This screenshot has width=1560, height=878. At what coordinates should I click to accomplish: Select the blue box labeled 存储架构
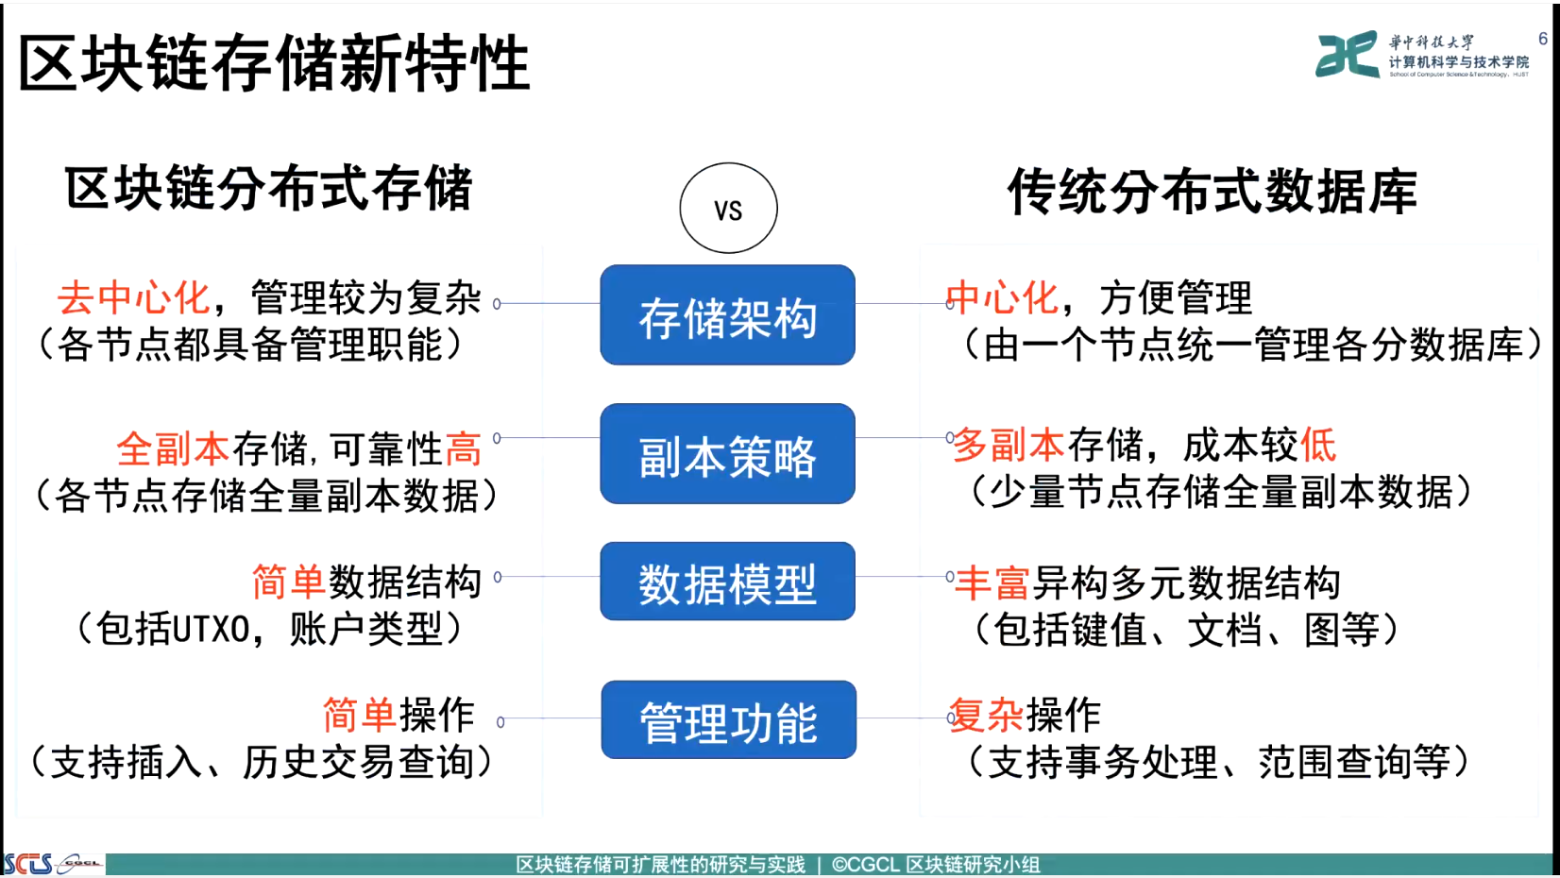[x=728, y=314]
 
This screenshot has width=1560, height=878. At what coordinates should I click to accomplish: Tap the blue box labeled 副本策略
[x=728, y=453]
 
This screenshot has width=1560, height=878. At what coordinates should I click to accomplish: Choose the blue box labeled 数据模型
[x=728, y=581]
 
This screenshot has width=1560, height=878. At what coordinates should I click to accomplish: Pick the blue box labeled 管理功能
[x=728, y=719]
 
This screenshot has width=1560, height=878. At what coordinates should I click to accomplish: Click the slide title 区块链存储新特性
[x=275, y=63]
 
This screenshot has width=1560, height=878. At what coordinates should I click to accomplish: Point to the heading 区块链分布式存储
[x=269, y=188]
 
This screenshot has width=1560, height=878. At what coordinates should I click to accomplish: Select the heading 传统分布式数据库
[x=1212, y=191]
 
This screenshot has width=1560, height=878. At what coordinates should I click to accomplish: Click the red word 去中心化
[x=134, y=298]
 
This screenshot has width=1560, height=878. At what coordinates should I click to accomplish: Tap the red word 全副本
[x=173, y=448]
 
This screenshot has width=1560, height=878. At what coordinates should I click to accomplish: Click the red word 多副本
[x=1009, y=445]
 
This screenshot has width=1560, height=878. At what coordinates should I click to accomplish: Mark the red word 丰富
[x=992, y=583]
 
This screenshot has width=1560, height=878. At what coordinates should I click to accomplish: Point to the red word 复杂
[x=986, y=715]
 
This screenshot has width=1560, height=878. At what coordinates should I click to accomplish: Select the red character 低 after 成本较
[x=1317, y=445]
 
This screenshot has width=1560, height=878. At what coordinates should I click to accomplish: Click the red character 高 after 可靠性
[x=463, y=448]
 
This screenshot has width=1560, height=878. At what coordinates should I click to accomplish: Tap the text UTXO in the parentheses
[x=210, y=630]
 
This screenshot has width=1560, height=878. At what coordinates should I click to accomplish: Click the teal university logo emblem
[x=1348, y=55]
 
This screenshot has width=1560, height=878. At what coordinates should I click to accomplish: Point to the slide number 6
[x=1543, y=39]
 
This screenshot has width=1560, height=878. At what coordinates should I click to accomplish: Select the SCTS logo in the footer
[x=28, y=864]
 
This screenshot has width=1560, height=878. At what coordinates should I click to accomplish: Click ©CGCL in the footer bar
[x=866, y=865]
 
